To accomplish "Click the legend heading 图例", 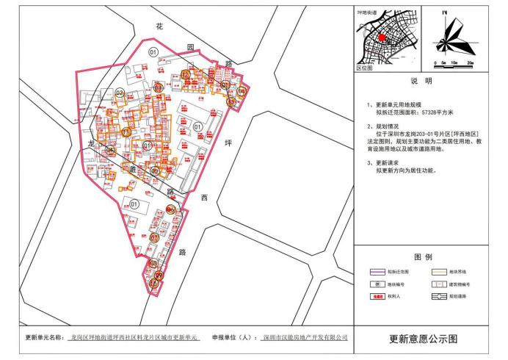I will pos(423,257).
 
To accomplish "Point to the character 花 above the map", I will pos(159,26).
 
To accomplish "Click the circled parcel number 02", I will pos(119,93).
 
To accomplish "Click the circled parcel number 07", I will pos(153,238).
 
